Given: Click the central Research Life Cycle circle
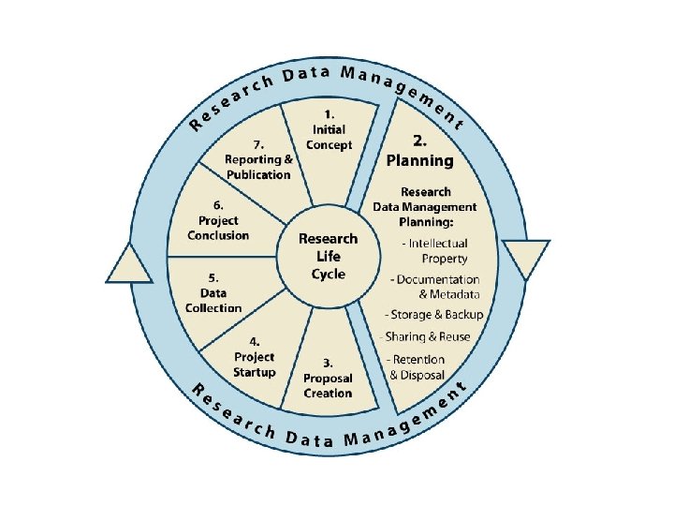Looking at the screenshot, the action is [329, 256].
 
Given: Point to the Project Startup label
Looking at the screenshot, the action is [255, 365].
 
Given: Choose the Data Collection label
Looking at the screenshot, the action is [213, 300].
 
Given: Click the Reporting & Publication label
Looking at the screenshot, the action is [258, 167].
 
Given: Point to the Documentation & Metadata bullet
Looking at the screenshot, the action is [436, 287].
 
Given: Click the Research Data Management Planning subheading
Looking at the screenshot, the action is [425, 207].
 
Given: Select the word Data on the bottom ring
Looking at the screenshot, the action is [312, 439].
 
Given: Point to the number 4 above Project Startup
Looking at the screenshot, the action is [255, 342].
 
